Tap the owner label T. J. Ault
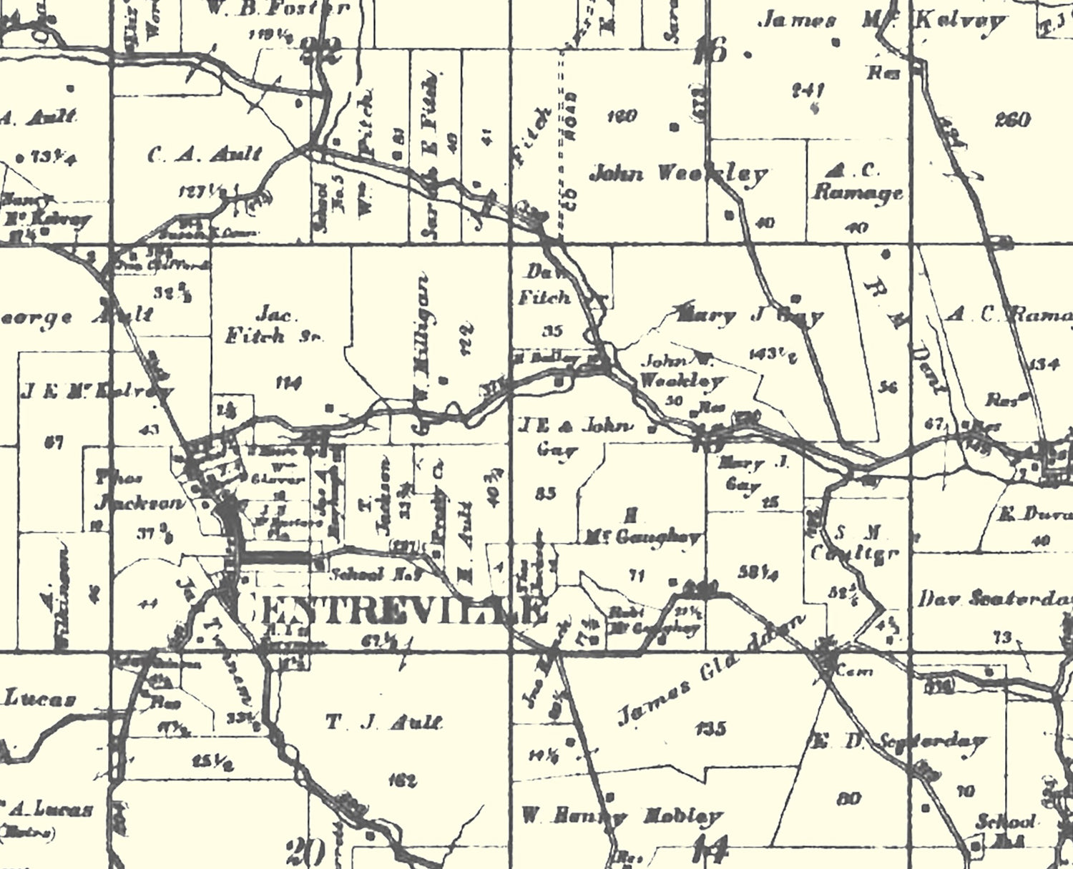coord(384,722)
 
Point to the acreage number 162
coord(401,780)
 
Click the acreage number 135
coord(710,729)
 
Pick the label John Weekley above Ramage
coord(677,173)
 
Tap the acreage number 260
coord(1012,119)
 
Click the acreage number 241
coord(809,91)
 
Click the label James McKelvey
coord(881,20)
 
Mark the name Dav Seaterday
coord(998,599)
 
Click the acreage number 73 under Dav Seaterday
coord(1002,636)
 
